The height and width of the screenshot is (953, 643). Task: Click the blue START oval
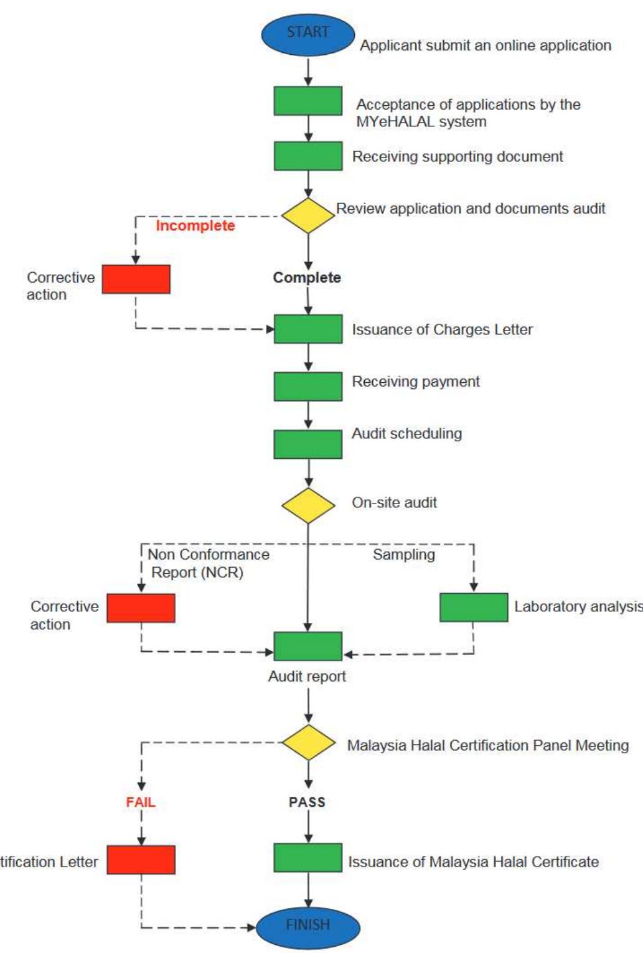tap(307, 34)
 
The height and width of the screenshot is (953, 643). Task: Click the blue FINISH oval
tap(307, 926)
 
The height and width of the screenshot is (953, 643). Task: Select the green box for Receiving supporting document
tap(307, 156)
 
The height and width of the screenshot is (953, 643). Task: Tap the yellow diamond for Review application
tap(307, 216)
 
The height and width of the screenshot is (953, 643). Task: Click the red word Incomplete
tap(195, 225)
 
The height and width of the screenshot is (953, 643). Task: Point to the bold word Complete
tap(307, 278)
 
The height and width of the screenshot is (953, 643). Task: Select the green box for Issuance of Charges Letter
tap(307, 329)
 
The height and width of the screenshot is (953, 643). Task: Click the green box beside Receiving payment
tap(307, 386)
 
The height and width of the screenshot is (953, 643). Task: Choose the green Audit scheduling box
tap(307, 444)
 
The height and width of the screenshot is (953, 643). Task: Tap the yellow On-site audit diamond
tap(307, 505)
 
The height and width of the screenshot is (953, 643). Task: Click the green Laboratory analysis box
tap(473, 607)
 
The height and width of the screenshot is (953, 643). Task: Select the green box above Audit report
tap(307, 646)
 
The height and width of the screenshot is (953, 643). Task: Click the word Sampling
tap(403, 555)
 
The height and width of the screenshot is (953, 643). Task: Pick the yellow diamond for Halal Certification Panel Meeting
tap(307, 742)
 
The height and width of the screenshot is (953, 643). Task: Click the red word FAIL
tap(141, 802)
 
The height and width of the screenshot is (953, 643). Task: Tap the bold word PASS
tap(307, 802)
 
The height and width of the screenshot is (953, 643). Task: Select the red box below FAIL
tap(141, 860)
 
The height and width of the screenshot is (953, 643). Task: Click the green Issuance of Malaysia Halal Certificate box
tap(307, 858)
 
